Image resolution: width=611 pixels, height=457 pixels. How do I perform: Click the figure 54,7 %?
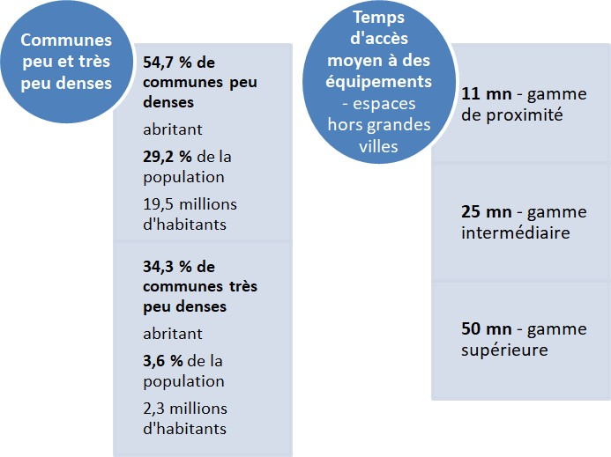click(172, 63)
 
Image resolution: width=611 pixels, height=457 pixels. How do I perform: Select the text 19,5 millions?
click(190, 204)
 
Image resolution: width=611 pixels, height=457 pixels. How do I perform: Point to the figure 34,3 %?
click(172, 266)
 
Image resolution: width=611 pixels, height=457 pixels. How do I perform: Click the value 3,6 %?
click(163, 361)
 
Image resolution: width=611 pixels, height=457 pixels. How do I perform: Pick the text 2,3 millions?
click(185, 409)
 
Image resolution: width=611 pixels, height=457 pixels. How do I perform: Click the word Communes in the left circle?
click(66, 41)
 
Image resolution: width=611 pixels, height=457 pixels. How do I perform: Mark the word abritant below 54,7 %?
click(173, 129)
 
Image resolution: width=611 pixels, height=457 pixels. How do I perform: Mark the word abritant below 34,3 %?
click(173, 334)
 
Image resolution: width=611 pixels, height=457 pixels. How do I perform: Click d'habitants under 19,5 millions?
click(184, 225)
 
